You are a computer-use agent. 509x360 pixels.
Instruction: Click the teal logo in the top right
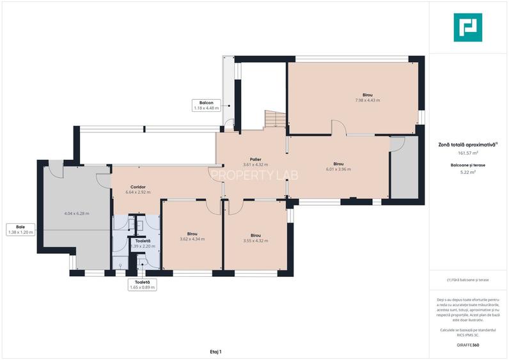click(467, 27)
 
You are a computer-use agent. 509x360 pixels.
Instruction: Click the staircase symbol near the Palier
click(275, 119)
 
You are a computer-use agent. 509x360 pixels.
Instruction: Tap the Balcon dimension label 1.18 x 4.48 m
click(206, 106)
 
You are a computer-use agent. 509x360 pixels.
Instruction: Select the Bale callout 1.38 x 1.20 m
click(20, 230)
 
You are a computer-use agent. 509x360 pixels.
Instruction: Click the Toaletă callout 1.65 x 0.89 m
click(142, 285)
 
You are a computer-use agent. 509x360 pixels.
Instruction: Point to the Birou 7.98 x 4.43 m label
click(367, 97)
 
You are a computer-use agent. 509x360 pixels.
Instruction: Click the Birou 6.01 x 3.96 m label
click(338, 166)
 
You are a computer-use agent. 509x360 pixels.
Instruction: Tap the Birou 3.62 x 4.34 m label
click(192, 237)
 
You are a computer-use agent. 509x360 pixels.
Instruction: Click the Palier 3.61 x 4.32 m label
click(255, 162)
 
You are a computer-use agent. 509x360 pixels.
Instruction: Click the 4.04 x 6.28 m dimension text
click(77, 213)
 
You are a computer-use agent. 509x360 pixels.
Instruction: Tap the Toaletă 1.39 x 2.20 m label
click(143, 244)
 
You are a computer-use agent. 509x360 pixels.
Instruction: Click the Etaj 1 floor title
click(215, 351)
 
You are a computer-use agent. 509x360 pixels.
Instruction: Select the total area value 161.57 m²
click(467, 153)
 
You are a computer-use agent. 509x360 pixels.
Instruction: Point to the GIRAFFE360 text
click(467, 345)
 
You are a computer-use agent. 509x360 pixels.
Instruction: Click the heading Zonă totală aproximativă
click(467, 145)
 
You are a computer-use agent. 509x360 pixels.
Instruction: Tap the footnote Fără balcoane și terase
click(467, 280)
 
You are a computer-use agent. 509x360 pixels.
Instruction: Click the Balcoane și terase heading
click(467, 164)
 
